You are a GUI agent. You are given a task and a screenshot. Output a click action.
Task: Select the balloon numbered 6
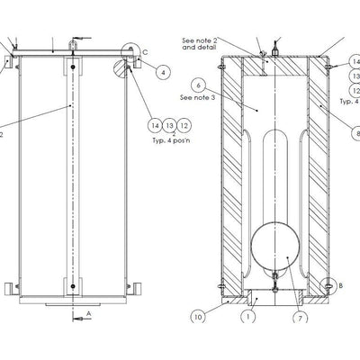198,85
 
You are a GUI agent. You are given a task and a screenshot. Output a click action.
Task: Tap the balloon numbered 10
198,317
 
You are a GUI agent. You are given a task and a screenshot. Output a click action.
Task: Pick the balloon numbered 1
248,316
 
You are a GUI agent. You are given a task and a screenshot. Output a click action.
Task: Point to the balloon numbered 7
301,318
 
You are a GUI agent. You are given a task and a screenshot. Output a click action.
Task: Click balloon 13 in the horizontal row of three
169,125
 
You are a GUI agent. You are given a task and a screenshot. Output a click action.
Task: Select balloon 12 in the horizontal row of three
184,125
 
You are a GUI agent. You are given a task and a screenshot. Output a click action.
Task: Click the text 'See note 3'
198,97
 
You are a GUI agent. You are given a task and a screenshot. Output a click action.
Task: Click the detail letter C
145,52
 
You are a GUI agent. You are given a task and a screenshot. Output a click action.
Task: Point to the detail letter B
340,286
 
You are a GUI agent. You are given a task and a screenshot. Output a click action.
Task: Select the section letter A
89,313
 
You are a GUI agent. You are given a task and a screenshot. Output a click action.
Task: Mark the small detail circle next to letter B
328,285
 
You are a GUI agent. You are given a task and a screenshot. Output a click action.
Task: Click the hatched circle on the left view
121,68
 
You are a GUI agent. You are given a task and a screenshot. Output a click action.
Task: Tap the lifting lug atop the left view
73,45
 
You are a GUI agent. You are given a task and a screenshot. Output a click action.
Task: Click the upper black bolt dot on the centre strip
73,67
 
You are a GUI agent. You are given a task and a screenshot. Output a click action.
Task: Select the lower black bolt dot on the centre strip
73,286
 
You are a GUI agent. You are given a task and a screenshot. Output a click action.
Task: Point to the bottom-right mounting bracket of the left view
138,288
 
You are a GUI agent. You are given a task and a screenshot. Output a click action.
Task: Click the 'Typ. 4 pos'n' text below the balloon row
171,140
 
